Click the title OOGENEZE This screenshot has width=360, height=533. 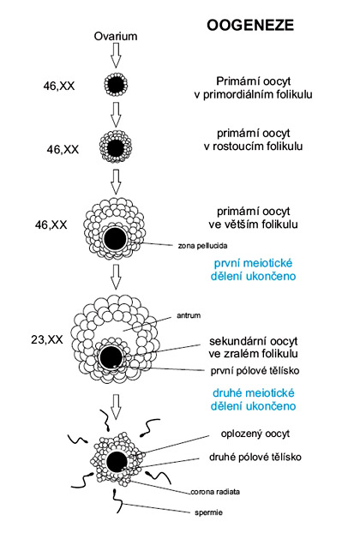pyautogui.click(x=250, y=25)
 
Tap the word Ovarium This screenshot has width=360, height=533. pyautogui.click(x=116, y=36)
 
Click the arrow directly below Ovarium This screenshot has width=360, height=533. pyautogui.click(x=116, y=56)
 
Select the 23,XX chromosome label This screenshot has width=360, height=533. pyautogui.click(x=47, y=339)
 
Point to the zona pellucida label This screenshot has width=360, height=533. pyautogui.click(x=202, y=245)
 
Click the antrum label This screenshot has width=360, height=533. pyautogui.click(x=189, y=315)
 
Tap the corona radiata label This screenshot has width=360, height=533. pyautogui.click(x=215, y=492)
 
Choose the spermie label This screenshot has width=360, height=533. pyautogui.click(x=209, y=512)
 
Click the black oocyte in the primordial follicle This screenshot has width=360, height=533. pyautogui.click(x=116, y=84)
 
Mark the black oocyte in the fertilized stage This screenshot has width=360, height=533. pyautogui.click(x=117, y=462)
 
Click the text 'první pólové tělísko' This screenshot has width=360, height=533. pyautogui.click(x=255, y=370)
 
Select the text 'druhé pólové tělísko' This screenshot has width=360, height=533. pyautogui.click(x=255, y=457)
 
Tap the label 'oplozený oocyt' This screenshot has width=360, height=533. pyautogui.click(x=255, y=434)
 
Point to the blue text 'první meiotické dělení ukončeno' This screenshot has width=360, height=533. pyautogui.click(x=253, y=270)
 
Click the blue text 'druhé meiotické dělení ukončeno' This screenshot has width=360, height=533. pyautogui.click(x=253, y=399)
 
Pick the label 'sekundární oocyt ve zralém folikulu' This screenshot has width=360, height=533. pyautogui.click(x=254, y=347)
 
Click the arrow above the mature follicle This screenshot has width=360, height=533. pyautogui.click(x=116, y=277)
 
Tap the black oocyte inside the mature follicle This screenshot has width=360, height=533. pyautogui.click(x=111, y=357)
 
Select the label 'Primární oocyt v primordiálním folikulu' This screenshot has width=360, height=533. pyautogui.click(x=253, y=87)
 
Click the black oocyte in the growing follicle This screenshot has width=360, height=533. pyautogui.click(x=116, y=148)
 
